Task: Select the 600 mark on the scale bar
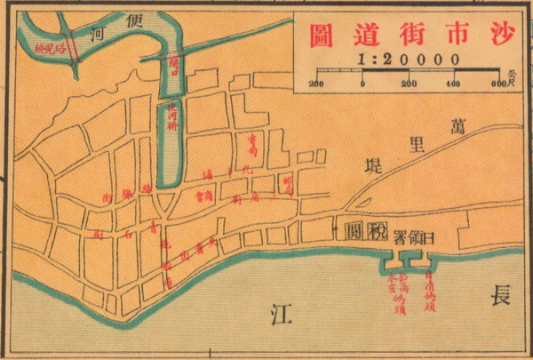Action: (497, 84)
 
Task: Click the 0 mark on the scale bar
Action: (363, 84)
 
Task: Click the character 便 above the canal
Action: (136, 20)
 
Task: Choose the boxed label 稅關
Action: (365, 233)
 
